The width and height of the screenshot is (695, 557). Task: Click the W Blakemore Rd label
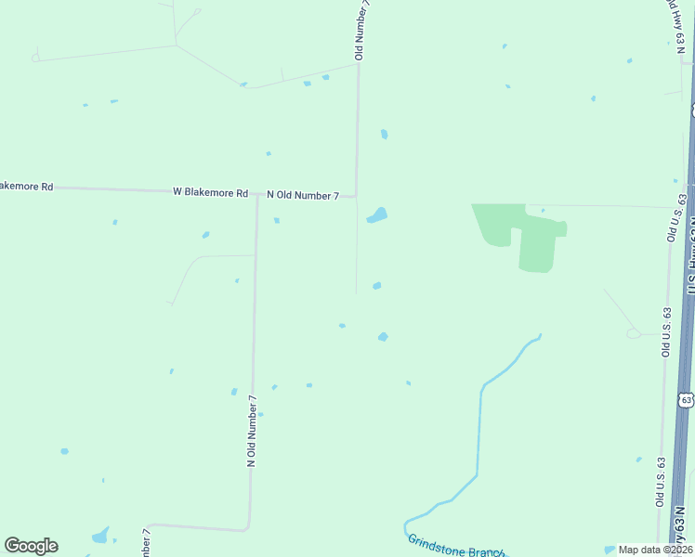[x=210, y=193]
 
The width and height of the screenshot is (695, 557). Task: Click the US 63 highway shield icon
[x=686, y=399]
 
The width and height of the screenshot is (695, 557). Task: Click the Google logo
[x=31, y=546]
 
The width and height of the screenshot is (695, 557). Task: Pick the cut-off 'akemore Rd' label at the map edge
[x=26, y=187]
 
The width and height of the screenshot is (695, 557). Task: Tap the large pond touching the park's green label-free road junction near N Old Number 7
[x=377, y=216]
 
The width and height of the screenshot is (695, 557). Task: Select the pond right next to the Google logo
[x=99, y=537]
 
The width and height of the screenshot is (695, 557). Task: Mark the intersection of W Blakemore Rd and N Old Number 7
[x=257, y=195]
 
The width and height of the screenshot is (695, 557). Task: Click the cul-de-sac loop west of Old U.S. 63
[x=634, y=332]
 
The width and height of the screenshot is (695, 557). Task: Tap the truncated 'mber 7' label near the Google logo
[x=146, y=543]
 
